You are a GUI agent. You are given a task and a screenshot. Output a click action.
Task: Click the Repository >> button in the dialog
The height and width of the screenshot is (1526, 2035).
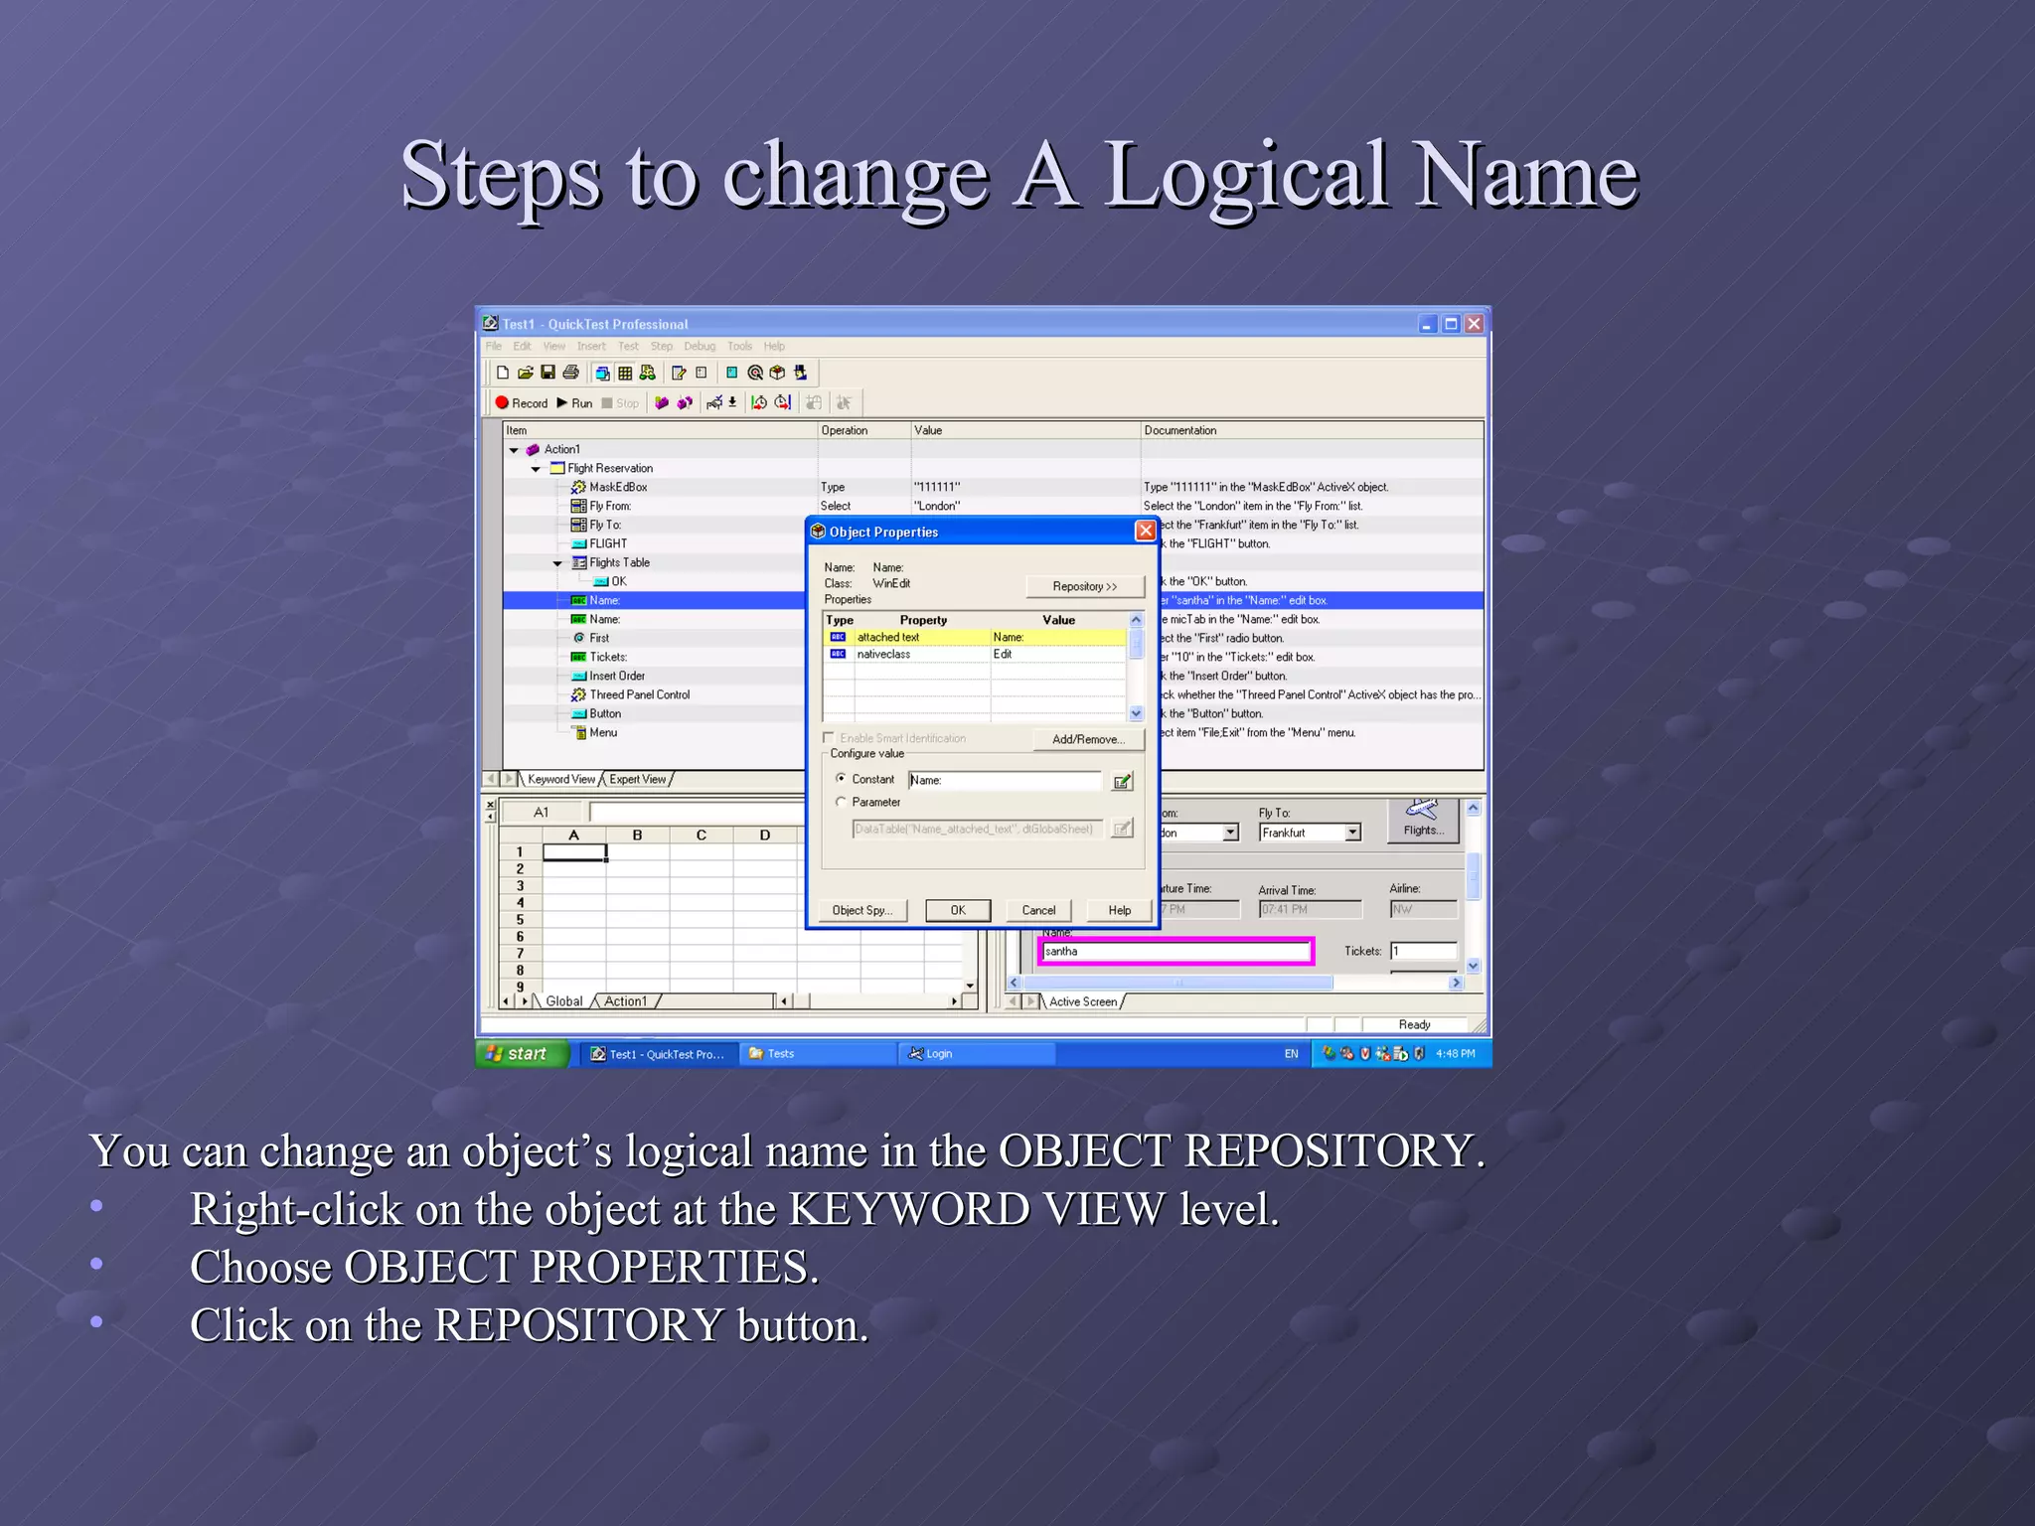(x=1084, y=586)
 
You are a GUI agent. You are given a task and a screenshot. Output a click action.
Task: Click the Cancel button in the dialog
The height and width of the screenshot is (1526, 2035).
(x=1038, y=910)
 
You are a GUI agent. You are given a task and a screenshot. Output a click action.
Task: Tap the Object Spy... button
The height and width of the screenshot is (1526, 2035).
(x=861, y=910)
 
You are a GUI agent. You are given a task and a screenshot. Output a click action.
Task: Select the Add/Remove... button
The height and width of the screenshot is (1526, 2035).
(x=1088, y=739)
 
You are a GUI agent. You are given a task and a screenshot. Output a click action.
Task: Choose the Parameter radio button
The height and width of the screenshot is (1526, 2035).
(x=842, y=802)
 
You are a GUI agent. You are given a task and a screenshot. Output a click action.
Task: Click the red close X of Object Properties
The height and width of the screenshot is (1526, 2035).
(x=1145, y=531)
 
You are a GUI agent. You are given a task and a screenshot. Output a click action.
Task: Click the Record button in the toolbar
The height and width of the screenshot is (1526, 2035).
(x=522, y=402)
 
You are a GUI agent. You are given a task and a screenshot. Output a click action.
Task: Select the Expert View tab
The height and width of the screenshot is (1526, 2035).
(x=637, y=779)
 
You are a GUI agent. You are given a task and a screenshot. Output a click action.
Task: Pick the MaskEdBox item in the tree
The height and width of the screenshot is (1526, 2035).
(x=617, y=487)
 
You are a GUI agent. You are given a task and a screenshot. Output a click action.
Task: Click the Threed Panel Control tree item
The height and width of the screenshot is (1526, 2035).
(x=639, y=694)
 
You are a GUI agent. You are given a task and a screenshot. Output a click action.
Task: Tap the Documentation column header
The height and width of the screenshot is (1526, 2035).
(x=1179, y=430)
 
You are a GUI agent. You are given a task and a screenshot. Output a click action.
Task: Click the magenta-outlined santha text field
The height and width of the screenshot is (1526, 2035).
(x=1175, y=951)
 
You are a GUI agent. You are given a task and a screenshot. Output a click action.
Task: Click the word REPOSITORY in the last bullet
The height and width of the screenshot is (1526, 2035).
(x=579, y=1325)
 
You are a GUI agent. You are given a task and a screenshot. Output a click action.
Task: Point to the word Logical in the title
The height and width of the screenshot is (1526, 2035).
(x=1246, y=175)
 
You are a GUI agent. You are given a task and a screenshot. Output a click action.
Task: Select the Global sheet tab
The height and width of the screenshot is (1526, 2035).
(x=563, y=1000)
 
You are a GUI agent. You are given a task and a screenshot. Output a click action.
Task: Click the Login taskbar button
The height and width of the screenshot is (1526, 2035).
(x=939, y=1053)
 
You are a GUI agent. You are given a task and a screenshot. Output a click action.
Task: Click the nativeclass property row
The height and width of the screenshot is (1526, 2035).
(x=883, y=654)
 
